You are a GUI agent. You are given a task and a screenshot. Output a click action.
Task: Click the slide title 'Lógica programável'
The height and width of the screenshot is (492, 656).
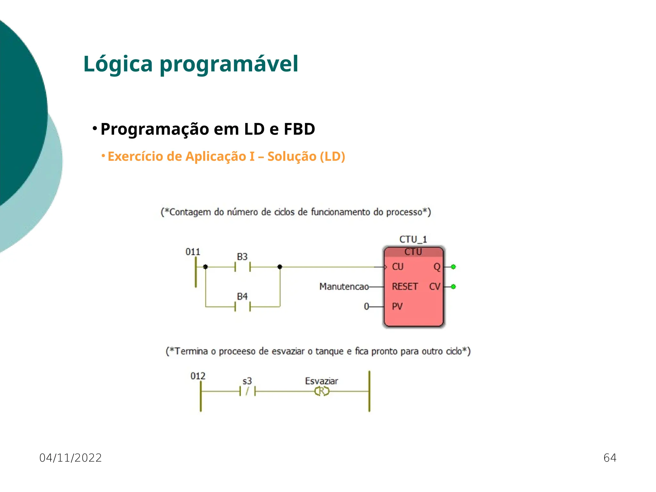[191, 64]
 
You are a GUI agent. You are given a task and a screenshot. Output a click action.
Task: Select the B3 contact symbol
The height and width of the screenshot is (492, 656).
[242, 267]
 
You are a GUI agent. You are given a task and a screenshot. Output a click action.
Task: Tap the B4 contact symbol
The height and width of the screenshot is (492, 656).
[242, 307]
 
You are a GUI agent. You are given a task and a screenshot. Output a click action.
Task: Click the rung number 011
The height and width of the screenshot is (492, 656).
[193, 252]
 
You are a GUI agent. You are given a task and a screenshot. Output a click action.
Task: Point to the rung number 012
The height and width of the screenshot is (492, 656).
[198, 376]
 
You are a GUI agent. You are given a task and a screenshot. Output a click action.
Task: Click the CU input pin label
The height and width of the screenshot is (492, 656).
[398, 267]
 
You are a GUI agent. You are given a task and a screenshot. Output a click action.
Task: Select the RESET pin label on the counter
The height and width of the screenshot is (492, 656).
[405, 286]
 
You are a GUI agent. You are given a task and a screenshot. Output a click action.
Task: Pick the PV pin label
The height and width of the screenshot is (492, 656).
[397, 307]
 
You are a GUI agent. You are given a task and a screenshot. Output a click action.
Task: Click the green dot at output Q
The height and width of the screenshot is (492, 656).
[453, 267]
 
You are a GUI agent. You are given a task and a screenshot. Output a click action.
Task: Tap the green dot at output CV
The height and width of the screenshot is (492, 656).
[453, 287]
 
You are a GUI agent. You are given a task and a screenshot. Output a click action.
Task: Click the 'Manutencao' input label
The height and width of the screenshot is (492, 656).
[344, 286]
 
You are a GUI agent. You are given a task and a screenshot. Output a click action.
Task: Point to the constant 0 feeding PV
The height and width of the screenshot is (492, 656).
[366, 307]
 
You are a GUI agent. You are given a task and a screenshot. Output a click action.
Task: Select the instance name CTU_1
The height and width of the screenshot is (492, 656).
[413, 239]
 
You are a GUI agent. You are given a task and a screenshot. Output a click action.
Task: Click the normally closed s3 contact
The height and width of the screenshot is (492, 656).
[247, 391]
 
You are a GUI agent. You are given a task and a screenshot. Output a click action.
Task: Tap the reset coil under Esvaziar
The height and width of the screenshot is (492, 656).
[322, 391]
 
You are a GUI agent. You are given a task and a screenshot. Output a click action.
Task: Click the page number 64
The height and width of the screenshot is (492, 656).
[610, 458]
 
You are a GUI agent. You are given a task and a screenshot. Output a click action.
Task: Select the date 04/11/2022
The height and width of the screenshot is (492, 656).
[70, 458]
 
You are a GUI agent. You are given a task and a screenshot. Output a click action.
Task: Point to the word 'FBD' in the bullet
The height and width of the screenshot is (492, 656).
[299, 129]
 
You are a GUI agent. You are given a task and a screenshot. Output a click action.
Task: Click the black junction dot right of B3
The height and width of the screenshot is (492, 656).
[280, 267]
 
